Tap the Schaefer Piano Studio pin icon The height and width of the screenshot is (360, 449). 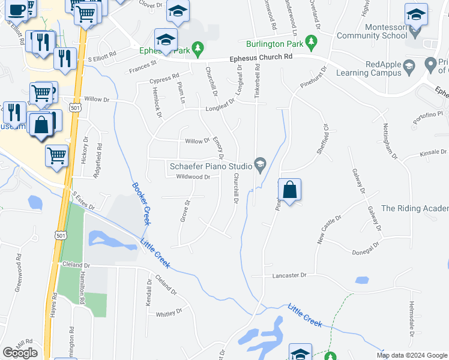pyautogui.click(x=260, y=164)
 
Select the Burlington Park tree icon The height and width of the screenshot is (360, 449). pyautogui.click(x=310, y=42)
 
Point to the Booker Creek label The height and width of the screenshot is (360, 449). pyautogui.click(x=140, y=203)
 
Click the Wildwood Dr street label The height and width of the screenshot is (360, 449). pyautogui.click(x=193, y=177)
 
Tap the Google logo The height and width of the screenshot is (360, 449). pyautogui.click(x=20, y=353)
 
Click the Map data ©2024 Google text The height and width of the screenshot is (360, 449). pyautogui.click(x=412, y=355)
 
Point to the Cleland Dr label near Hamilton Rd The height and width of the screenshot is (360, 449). pyautogui.click(x=74, y=265)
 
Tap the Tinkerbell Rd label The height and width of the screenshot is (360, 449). pyautogui.click(x=258, y=80)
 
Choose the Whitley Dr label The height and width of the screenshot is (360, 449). pyautogui.click(x=169, y=313)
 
